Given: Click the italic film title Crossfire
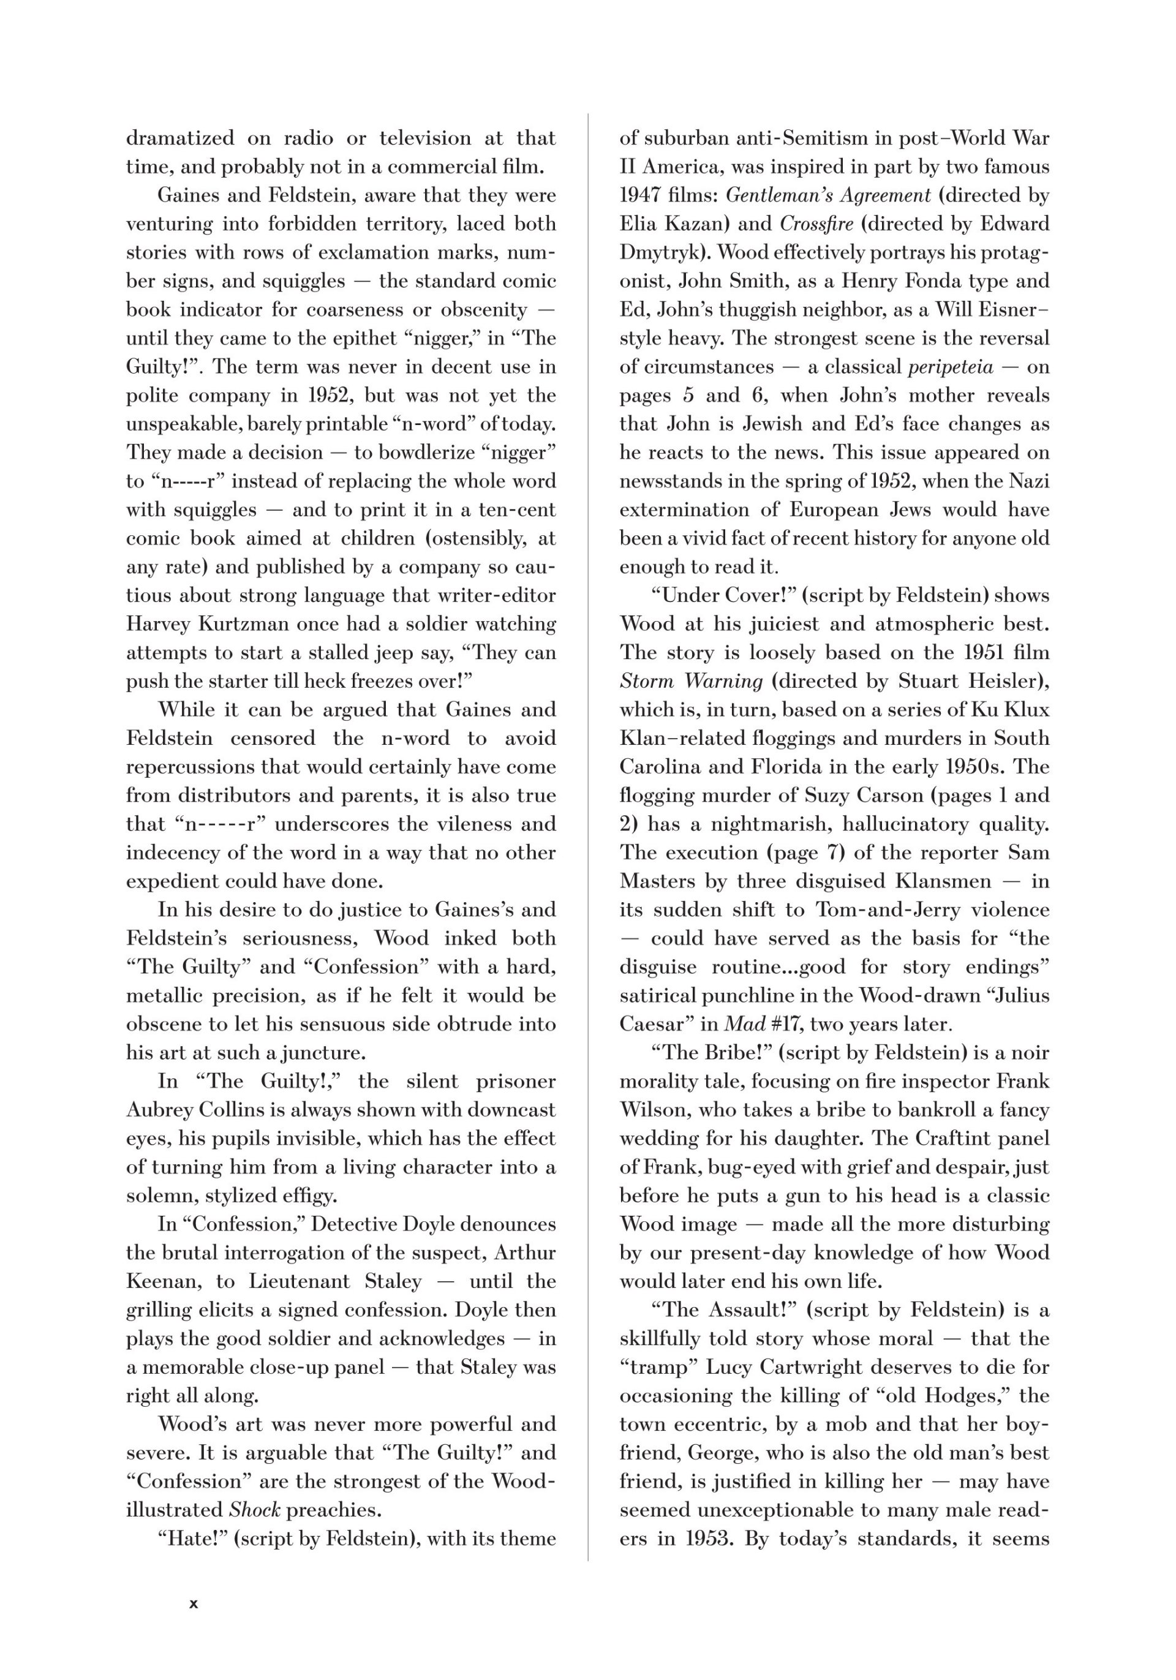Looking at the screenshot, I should tap(816, 224).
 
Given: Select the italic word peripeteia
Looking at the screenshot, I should tap(950, 367).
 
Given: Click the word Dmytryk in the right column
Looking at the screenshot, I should tap(661, 252).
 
